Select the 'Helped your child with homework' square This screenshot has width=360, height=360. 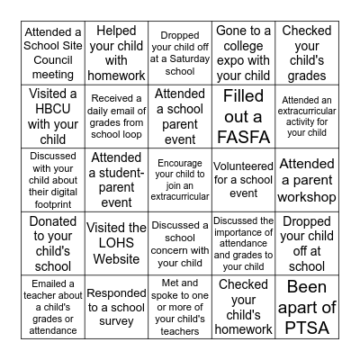(x=115, y=51)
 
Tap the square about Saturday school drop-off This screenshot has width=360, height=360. (x=179, y=51)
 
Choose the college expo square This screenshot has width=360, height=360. (x=243, y=51)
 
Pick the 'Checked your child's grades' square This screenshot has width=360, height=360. (x=307, y=51)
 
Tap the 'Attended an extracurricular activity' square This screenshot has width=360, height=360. (x=307, y=115)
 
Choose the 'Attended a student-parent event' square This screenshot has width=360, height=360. (x=115, y=179)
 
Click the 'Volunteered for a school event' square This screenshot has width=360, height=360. (x=243, y=179)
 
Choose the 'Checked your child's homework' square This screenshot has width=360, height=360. (x=243, y=307)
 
